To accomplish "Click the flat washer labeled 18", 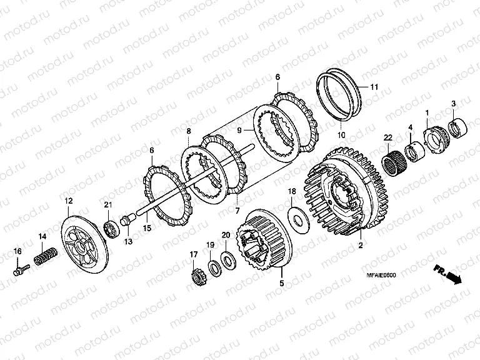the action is [299, 219].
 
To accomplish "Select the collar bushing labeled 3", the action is [457, 127].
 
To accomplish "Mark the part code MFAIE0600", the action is [381, 275].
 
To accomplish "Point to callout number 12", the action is [69, 201].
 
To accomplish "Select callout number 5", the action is [282, 283].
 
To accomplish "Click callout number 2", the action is [361, 245].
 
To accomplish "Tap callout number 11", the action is [374, 87].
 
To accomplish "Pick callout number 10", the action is [341, 135].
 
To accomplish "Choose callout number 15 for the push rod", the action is [147, 227].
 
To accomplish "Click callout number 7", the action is [237, 210].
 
